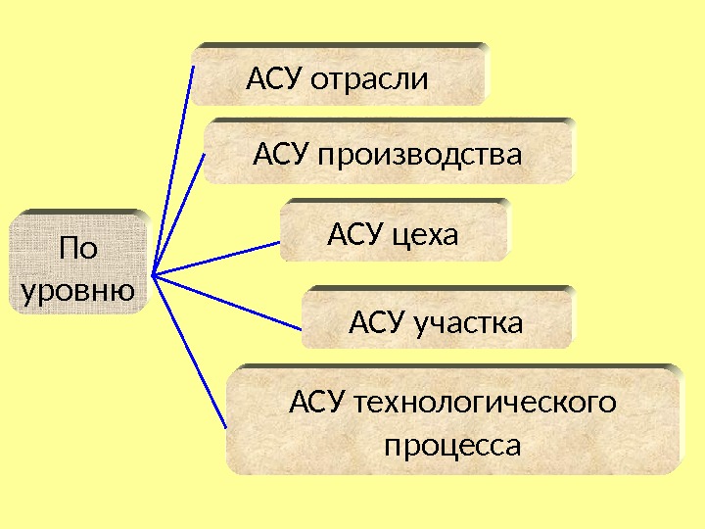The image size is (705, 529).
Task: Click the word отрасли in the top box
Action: (369, 78)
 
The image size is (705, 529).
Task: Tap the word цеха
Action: (426, 234)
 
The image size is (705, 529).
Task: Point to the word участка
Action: (468, 322)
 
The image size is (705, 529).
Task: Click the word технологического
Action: (487, 402)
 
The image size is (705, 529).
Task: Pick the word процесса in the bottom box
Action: (452, 446)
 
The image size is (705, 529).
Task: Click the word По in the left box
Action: (78, 249)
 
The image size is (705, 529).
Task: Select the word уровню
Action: (78, 291)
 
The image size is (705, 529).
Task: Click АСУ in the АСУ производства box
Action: (282, 155)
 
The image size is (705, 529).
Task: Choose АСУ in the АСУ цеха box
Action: (355, 234)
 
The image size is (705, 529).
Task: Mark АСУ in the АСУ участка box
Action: (379, 322)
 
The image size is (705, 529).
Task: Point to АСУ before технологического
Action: (319, 402)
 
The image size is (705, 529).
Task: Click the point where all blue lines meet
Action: (154, 275)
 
